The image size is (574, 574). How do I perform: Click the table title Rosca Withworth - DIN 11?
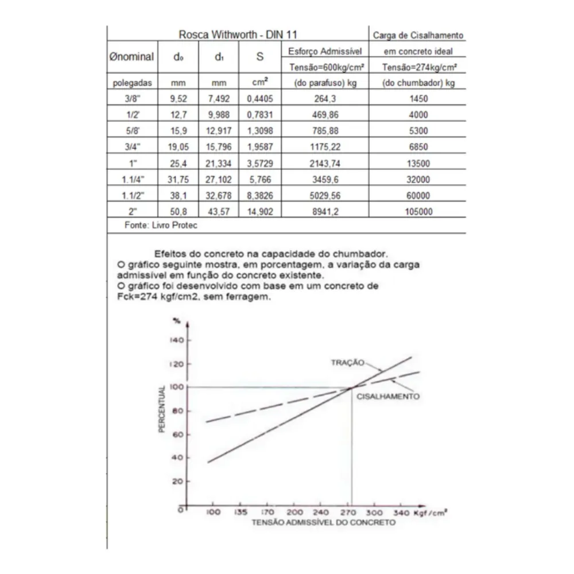pyautogui.click(x=238, y=35)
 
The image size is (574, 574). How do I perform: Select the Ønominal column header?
pyautogui.click(x=131, y=57)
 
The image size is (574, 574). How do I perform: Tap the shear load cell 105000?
pyautogui.click(x=418, y=212)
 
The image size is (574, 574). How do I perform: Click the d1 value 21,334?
pyautogui.click(x=218, y=163)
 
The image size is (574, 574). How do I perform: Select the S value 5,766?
pyautogui.click(x=260, y=180)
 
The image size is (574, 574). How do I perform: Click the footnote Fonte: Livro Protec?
pyautogui.click(x=161, y=225)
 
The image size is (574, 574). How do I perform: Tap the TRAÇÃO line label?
pyautogui.click(x=348, y=362)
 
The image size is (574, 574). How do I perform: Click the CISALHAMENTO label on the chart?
pyautogui.click(x=388, y=397)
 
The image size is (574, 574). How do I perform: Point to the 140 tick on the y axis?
pyautogui.click(x=177, y=340)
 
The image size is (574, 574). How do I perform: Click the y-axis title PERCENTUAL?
pyautogui.click(x=162, y=409)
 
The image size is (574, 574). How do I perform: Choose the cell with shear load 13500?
pyautogui.click(x=418, y=163)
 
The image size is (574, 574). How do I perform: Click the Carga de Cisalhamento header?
pyautogui.click(x=418, y=35)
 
